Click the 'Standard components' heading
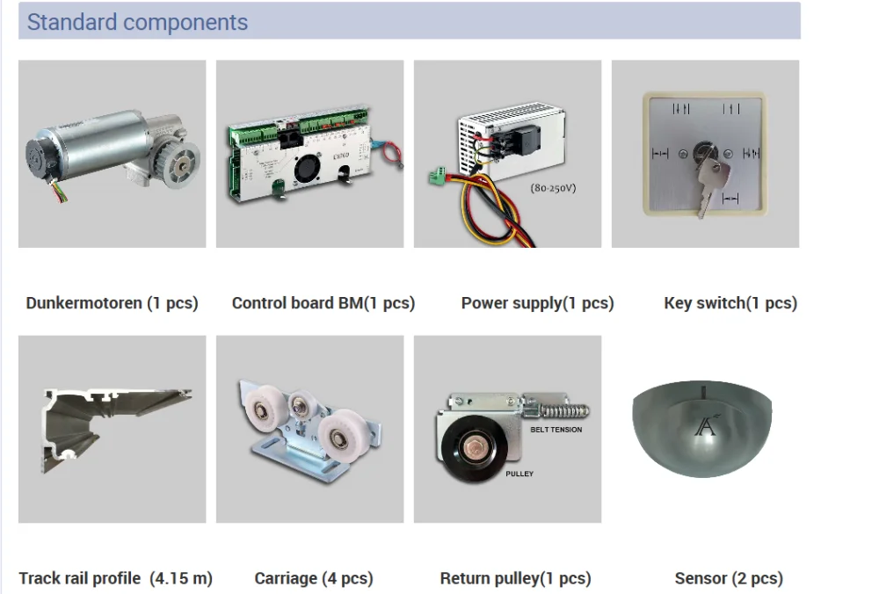point(137,22)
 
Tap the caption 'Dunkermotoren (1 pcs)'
point(113,303)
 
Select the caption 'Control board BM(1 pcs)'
point(323,303)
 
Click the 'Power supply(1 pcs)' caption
point(537,303)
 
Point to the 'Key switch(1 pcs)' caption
point(730,303)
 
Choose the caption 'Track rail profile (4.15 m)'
point(116,578)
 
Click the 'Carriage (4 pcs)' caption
point(314,578)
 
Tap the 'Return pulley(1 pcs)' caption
point(515,578)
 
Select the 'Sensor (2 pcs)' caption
point(729,578)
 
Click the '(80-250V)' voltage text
point(553,187)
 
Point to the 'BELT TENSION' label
point(556,430)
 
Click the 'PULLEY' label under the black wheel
point(519,474)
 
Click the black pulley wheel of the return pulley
point(469,451)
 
